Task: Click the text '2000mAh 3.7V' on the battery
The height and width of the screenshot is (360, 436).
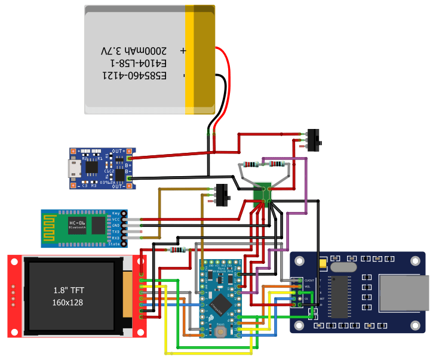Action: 135,52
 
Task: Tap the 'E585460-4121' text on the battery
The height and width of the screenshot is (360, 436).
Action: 135,75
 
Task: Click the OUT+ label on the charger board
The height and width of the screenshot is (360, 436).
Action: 119,150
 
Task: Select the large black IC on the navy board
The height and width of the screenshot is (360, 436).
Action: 339,297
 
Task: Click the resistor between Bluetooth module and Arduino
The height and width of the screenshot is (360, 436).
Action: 177,250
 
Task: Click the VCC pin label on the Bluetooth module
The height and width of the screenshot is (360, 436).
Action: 116,220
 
